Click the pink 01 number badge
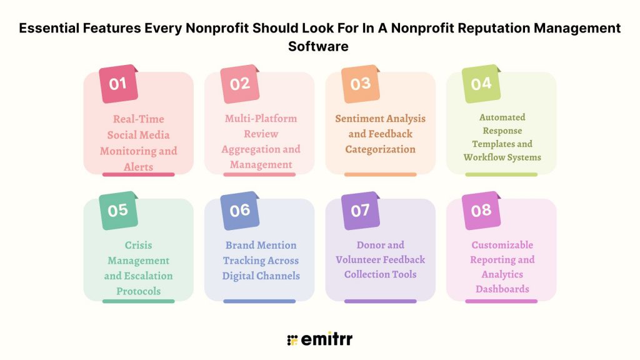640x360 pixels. tap(118, 83)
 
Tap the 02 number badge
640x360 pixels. tap(239, 84)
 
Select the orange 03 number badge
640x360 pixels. tap(360, 84)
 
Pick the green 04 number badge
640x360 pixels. tap(481, 83)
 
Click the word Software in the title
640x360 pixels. tap(319, 46)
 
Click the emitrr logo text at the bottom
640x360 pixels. tap(326, 340)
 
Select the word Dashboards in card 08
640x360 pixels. tap(502, 289)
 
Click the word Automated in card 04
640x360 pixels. tap(502, 117)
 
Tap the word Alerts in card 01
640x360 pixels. tap(138, 166)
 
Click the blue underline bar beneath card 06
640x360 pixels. tap(259, 301)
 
